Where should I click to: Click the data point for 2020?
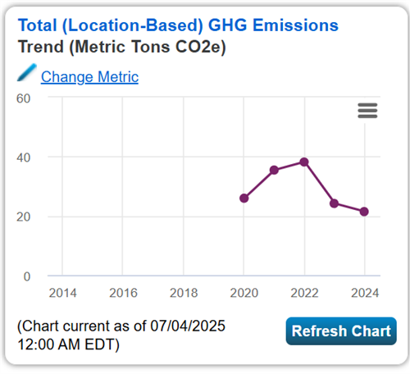tap(244, 198)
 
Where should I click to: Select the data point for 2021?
tap(275, 170)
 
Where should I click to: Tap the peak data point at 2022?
tap(304, 162)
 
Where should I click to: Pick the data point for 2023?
tap(335, 203)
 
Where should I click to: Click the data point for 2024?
tap(364, 212)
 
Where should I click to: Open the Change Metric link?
tap(89, 77)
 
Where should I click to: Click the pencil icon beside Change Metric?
tap(27, 74)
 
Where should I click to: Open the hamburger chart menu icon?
tap(367, 111)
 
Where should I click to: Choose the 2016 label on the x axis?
tap(122, 292)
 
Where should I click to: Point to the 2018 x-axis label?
tap(183, 292)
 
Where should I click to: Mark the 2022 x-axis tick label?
tap(304, 292)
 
